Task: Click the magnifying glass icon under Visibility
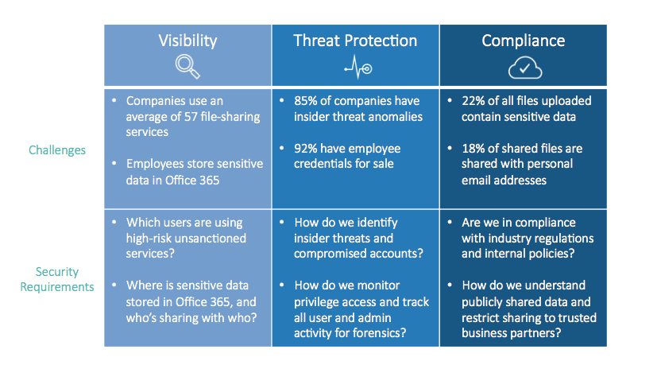pos(187,67)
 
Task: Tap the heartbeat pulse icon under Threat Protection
pos(358,68)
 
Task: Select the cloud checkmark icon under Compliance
pos(525,68)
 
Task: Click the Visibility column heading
pos(187,41)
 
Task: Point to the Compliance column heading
pos(523,41)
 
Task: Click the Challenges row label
pos(57,149)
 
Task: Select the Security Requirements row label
pos(57,279)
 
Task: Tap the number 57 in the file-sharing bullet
pos(191,116)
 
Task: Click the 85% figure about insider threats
pos(305,101)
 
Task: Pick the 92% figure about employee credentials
pos(305,149)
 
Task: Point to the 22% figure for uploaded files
pos(473,101)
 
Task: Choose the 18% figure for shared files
pos(473,149)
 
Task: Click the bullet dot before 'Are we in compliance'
pos(450,222)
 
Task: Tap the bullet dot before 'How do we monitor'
pos(282,285)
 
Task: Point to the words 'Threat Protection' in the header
pos(355,41)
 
